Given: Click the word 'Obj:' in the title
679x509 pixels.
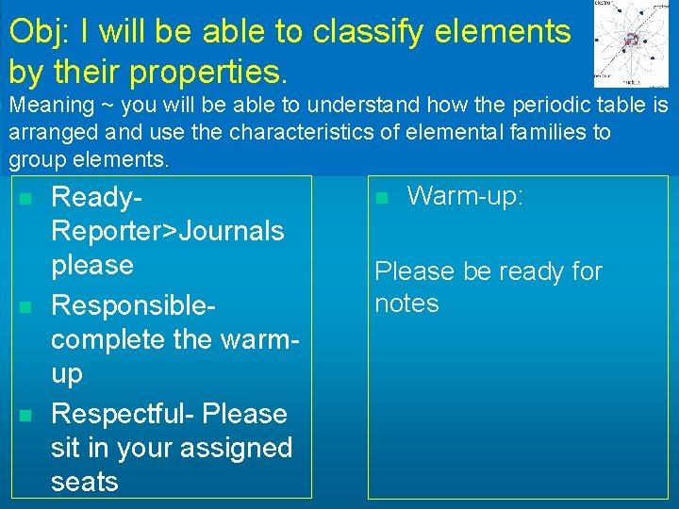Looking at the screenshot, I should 39,32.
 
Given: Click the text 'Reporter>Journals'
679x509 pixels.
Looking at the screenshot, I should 168,231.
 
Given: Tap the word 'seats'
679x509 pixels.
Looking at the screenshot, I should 85,482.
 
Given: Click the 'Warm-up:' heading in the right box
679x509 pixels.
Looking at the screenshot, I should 465,197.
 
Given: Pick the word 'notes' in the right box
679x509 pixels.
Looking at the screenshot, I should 406,304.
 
